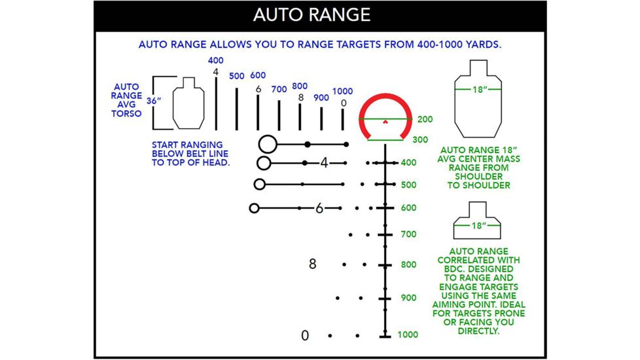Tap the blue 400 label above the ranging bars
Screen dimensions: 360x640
pos(216,61)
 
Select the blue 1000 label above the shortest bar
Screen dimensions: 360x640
pos(342,92)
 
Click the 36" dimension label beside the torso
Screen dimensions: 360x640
pos(154,101)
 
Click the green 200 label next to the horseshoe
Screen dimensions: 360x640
pos(424,120)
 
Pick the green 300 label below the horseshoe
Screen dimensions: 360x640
pos(420,139)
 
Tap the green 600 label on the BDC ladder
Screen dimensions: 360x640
pos(408,207)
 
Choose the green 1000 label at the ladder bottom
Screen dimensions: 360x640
pos(408,334)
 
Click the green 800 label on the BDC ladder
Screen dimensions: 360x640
pos(408,265)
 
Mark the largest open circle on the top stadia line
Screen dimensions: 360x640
pos(267,144)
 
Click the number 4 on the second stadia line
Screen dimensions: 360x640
pos(324,163)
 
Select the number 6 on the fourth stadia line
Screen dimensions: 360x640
pos(319,208)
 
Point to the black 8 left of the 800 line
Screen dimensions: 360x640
pos(312,264)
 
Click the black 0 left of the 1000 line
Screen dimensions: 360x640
pos(304,335)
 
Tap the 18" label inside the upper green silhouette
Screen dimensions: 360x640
pos(479,89)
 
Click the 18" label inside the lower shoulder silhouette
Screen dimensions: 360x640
pos(479,225)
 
